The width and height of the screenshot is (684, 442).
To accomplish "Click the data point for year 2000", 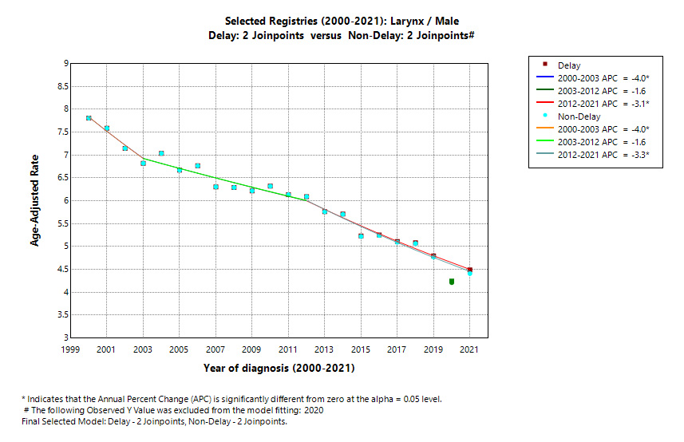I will pyautogui.click(x=89, y=118).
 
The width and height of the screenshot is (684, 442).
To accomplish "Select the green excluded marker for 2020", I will pyautogui.click(x=452, y=281).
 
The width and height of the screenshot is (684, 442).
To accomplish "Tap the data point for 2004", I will pyautogui.click(x=161, y=153).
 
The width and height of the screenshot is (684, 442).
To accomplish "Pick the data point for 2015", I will pyautogui.click(x=361, y=236).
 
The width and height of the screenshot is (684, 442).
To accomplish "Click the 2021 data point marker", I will pyautogui.click(x=470, y=271).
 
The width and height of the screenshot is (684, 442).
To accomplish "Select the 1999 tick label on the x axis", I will pyautogui.click(x=71, y=349).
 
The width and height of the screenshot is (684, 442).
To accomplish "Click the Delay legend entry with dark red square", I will pyautogui.click(x=569, y=65).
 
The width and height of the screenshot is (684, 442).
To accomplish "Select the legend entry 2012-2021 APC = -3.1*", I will pyautogui.click(x=603, y=104).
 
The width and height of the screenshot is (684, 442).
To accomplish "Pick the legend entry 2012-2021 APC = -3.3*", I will pyautogui.click(x=603, y=155).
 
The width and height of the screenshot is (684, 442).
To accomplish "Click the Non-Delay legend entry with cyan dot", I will pyautogui.click(x=578, y=116).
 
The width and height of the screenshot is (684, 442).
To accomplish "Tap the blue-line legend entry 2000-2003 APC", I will pyautogui.click(x=603, y=78).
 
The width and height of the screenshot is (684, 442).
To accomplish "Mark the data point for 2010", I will pyautogui.click(x=270, y=186).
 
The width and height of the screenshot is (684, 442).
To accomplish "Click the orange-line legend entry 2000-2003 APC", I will pyautogui.click(x=603, y=129).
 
